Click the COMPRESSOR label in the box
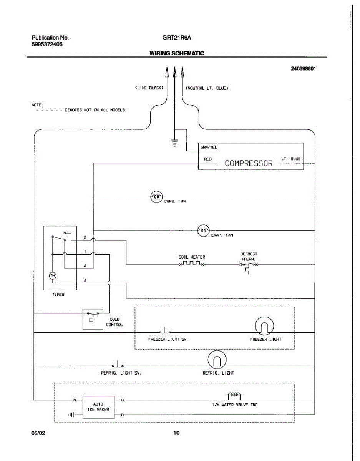tap(249, 163)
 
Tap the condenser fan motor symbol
tap(156, 197)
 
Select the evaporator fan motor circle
tap(204, 230)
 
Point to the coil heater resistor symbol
tap(192, 264)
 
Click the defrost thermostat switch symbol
tap(249, 268)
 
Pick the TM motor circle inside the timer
tap(53, 276)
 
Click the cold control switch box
tap(93, 319)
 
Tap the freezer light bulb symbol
tap(264, 326)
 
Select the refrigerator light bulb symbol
tap(217, 360)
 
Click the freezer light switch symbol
tap(165, 330)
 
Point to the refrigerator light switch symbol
tap(118, 364)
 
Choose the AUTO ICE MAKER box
tap(98, 407)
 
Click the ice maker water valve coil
tap(234, 395)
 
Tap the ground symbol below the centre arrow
tap(174, 143)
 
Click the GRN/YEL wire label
tap(209, 147)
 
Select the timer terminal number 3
tap(85, 280)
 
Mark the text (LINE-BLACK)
tap(149, 88)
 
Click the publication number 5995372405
tap(47, 44)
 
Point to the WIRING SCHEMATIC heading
tap(177, 53)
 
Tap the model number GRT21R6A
tap(177, 38)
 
